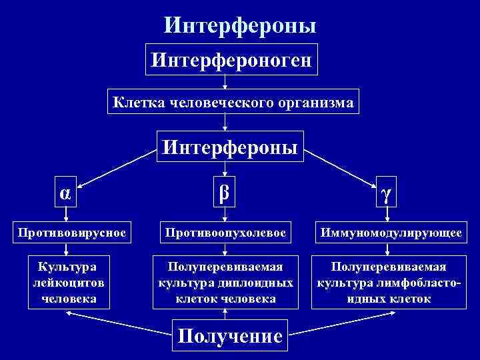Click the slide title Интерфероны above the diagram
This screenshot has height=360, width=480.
click(x=240, y=25)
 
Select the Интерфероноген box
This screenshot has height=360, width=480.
click(x=232, y=60)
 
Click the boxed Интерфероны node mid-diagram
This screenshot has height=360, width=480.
click(x=229, y=145)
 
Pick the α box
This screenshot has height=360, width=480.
click(x=64, y=193)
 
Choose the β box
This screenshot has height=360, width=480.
click(x=225, y=192)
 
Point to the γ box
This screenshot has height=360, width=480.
click(x=385, y=193)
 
